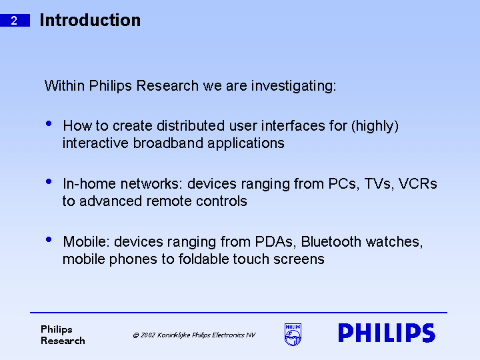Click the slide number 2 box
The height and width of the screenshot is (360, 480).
point(15,21)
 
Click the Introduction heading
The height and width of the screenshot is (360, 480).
point(90,21)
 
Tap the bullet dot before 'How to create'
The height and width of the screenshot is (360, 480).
point(48,124)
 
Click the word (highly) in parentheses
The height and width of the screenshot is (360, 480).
point(375,126)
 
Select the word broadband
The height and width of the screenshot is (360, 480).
point(165,143)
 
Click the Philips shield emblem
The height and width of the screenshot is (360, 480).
point(293,335)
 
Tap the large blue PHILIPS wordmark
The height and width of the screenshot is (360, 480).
point(387,333)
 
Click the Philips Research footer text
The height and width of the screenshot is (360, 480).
point(63,335)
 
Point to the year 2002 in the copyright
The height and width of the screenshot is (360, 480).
point(147,335)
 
